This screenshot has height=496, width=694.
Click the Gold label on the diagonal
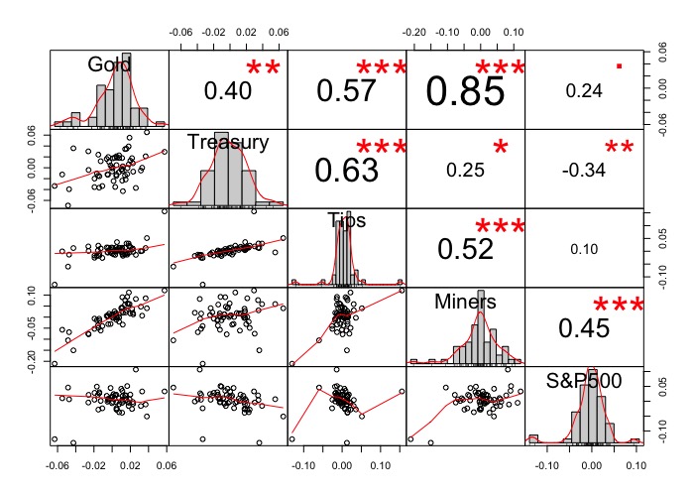click(109, 64)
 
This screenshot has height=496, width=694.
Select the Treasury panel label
click(228, 143)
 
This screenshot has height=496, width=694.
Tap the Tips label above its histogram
click(346, 220)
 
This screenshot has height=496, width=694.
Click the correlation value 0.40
click(229, 90)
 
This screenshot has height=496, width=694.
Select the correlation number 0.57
click(346, 90)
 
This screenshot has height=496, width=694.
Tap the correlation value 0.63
click(346, 170)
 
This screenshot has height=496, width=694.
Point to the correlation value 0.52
click(464, 248)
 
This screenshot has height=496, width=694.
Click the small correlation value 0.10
click(584, 249)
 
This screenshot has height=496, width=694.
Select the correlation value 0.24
click(584, 90)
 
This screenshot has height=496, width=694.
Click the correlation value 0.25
click(465, 170)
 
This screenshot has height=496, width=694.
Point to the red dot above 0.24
click(619, 65)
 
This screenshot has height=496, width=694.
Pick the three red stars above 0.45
click(619, 308)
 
